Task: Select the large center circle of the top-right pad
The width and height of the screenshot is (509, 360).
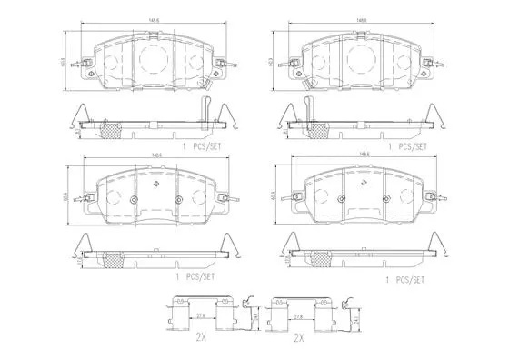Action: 364,61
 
